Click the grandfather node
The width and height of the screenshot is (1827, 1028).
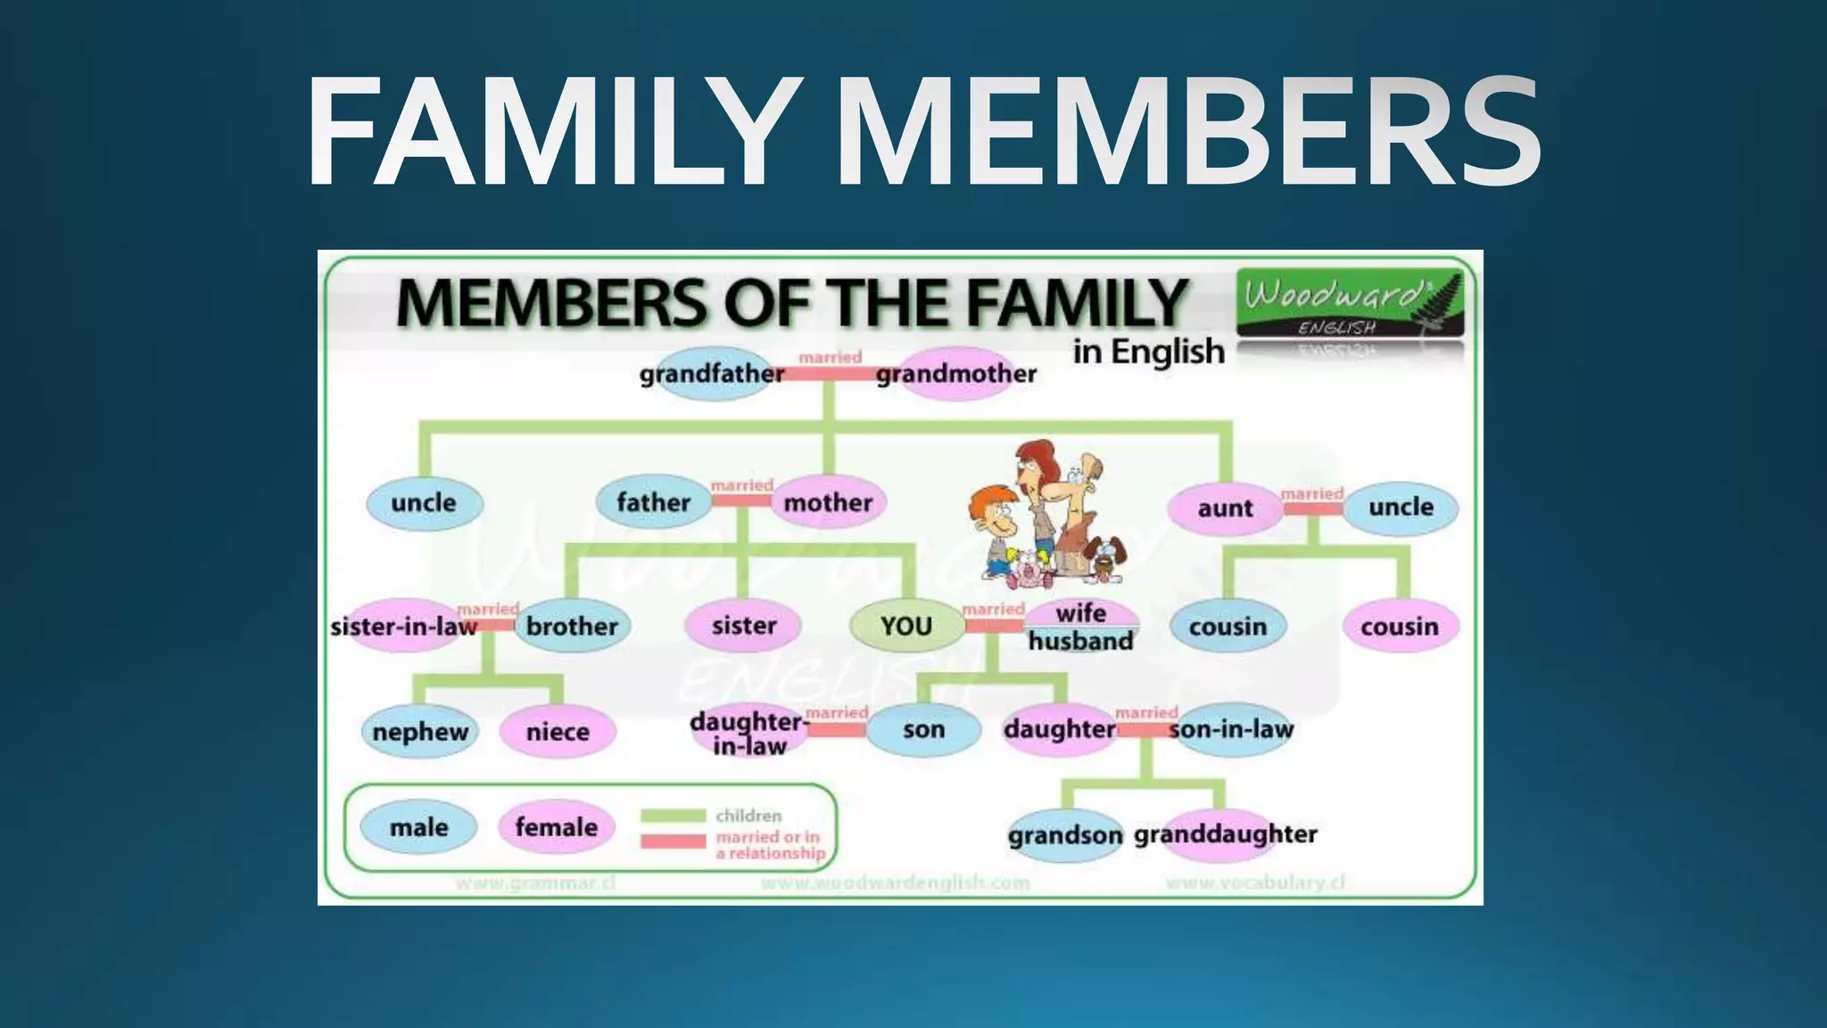click(x=712, y=374)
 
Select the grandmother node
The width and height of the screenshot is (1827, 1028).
click(x=955, y=374)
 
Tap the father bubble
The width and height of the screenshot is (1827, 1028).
click(x=654, y=502)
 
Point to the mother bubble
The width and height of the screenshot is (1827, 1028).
click(x=828, y=502)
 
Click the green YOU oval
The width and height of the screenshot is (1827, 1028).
click(x=906, y=626)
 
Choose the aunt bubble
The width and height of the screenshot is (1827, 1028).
click(x=1226, y=508)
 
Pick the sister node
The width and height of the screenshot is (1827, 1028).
click(x=744, y=626)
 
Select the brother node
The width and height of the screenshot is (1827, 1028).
click(x=572, y=626)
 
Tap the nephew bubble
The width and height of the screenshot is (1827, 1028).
click(x=420, y=732)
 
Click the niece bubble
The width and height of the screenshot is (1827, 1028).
click(x=558, y=732)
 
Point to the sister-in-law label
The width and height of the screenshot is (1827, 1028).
click(x=403, y=626)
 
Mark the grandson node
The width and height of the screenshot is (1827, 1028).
click(x=1065, y=835)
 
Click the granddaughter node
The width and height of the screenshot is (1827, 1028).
click(x=1226, y=834)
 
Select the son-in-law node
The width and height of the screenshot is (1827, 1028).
click(x=1231, y=729)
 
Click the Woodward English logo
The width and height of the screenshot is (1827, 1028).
click(x=1350, y=303)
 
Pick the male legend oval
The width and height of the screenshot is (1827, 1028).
click(x=418, y=827)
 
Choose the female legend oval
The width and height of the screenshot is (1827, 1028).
click(x=557, y=827)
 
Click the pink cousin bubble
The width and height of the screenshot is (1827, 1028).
click(x=1400, y=626)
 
